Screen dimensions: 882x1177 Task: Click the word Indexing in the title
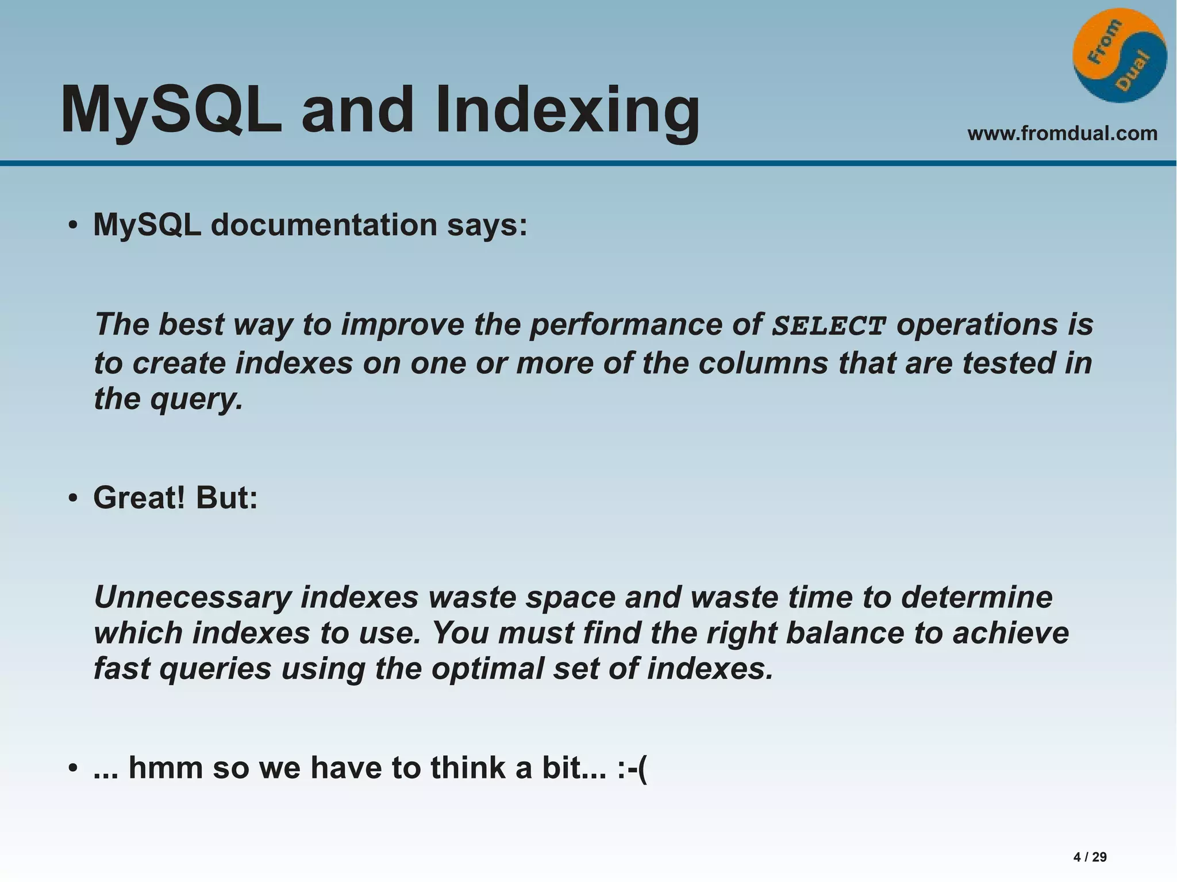567,110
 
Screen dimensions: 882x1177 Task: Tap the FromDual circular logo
1119,56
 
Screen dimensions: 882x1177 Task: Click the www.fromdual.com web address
1062,133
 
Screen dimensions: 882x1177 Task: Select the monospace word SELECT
828,326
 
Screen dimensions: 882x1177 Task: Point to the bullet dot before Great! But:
72,499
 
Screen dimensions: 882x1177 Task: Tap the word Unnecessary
193,598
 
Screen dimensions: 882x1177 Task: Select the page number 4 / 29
1090,857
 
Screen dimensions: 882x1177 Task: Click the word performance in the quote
625,325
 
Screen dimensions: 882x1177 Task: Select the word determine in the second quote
976,598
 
